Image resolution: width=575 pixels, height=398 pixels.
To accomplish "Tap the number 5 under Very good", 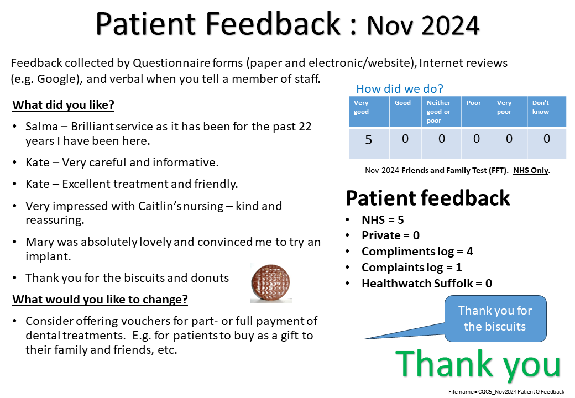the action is tap(368, 140).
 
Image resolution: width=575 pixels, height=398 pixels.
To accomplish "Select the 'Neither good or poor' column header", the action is tap(438, 112).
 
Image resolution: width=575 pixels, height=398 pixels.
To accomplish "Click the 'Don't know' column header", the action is tap(541, 107).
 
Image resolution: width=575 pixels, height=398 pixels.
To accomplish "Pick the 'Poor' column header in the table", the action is tap(473, 103).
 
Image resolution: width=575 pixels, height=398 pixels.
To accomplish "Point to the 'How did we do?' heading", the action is tap(400, 88).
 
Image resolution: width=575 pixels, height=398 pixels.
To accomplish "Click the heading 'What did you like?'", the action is tap(64, 105).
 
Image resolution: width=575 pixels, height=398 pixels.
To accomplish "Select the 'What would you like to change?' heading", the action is tap(100, 300).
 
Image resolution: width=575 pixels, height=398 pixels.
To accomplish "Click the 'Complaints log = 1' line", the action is tap(412, 268).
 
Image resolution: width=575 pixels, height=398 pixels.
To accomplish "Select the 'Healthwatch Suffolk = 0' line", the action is tap(427, 283).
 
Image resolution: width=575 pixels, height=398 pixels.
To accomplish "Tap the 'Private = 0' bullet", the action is tap(390, 235).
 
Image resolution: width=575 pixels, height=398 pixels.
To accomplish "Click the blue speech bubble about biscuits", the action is tap(495, 318).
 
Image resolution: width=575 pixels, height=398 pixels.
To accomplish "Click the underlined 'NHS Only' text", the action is tap(531, 170).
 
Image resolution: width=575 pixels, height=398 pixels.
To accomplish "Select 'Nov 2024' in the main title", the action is tap(423, 25).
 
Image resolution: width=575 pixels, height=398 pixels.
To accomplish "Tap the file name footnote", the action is tap(506, 392).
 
